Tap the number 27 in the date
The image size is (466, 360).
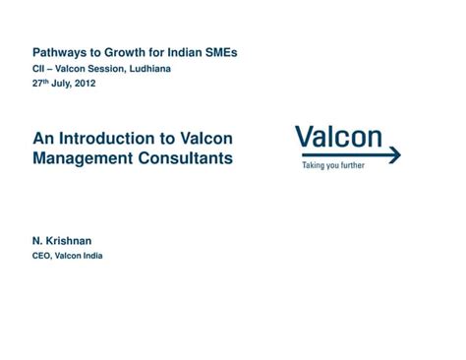38,85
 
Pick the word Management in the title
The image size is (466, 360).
81,157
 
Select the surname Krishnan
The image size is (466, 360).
70,240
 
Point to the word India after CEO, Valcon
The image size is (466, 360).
91,256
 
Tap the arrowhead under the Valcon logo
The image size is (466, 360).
395,155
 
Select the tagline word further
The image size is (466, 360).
350,166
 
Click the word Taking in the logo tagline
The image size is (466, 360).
312,166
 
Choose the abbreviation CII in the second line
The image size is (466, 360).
38,69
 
